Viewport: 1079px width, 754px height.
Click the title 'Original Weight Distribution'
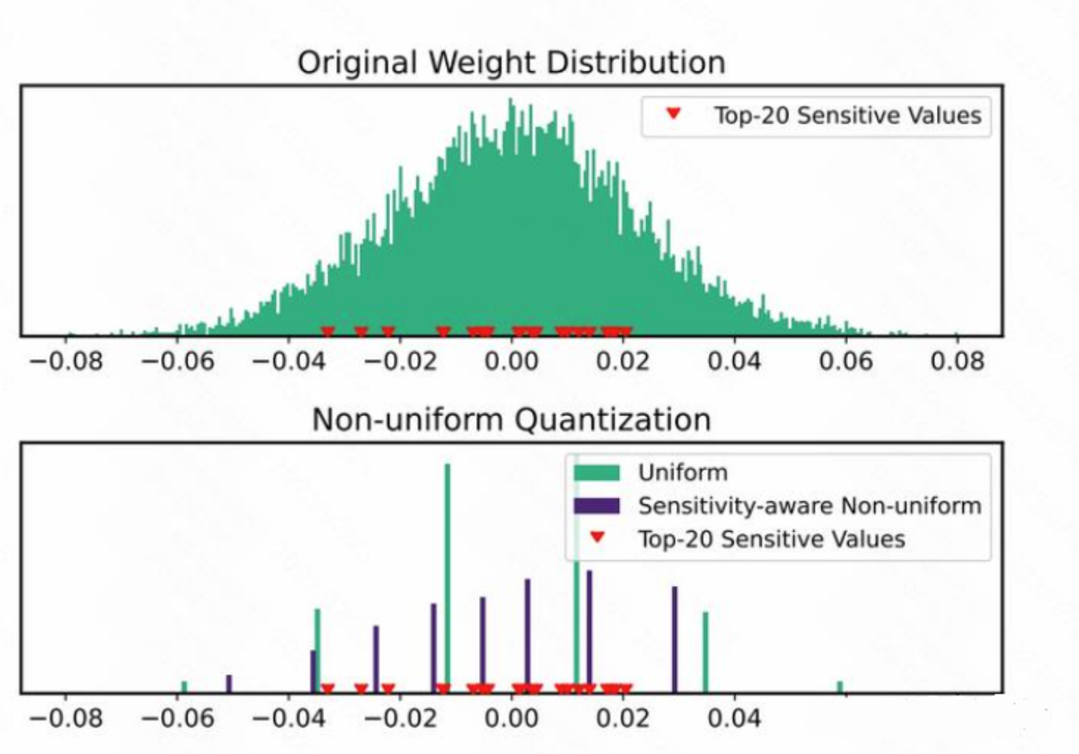coord(511,63)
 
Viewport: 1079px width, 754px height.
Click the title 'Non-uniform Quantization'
coord(511,419)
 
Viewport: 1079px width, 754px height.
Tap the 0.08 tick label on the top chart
coord(957,360)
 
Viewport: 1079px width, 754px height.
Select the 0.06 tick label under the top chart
coord(845,360)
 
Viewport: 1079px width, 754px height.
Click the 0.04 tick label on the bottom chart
coord(734,718)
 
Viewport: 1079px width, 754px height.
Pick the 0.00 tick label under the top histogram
coord(511,360)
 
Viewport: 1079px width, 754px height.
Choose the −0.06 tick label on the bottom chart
coord(177,718)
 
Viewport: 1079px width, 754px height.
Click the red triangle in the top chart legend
coord(673,114)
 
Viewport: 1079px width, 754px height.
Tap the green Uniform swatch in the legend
coord(596,473)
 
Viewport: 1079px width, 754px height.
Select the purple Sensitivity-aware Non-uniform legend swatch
coord(596,506)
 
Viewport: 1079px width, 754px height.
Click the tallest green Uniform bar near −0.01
coord(447,578)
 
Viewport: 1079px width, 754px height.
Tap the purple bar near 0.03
coord(675,639)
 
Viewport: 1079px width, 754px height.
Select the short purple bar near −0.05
coord(229,683)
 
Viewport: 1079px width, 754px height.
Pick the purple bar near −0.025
coord(376,658)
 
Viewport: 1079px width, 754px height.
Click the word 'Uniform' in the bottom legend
coord(682,473)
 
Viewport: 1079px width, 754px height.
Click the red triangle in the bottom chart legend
coord(597,538)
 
